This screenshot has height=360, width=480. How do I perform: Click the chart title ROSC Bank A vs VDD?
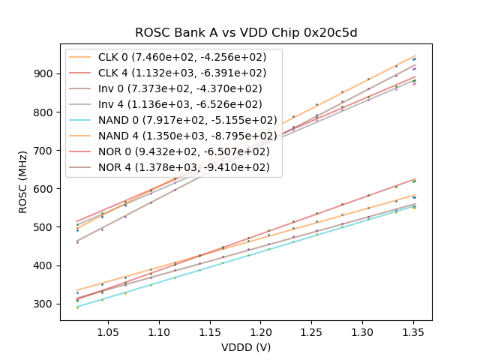tap(245, 33)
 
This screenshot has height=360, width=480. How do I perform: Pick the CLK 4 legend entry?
tap(182, 73)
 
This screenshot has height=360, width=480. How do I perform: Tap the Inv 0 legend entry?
tap(181, 88)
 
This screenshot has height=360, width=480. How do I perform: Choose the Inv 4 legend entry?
tap(181, 104)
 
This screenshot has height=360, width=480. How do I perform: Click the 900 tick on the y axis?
tap(44, 73)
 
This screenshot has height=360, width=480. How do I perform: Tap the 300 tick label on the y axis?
tap(44, 304)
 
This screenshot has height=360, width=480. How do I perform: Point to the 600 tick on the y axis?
tap(44, 189)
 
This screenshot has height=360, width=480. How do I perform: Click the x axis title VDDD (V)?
tap(245, 347)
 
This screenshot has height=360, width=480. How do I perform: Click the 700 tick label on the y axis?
tap(44, 151)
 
